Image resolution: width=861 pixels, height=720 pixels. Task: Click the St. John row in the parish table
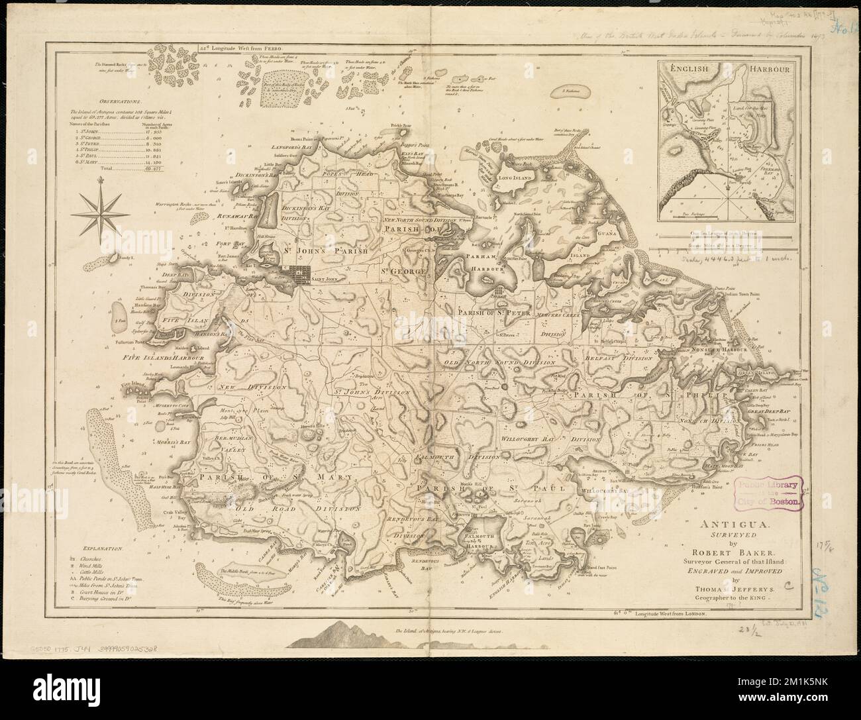click(x=113, y=131)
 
